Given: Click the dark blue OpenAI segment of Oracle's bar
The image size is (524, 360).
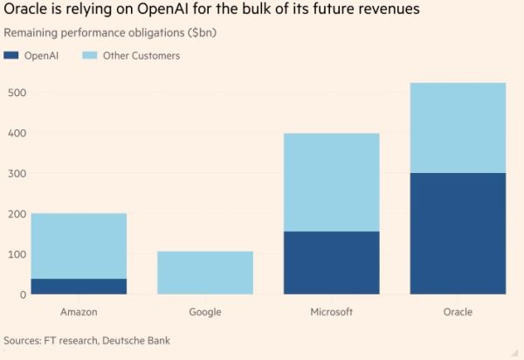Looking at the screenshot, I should [458, 233].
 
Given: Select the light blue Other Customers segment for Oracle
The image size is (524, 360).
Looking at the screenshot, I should [458, 128].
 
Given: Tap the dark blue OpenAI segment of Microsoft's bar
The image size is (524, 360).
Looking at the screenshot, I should [331, 263].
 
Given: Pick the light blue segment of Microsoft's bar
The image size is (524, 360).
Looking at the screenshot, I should [331, 182].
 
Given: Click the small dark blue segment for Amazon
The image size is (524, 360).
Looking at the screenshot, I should [79, 287].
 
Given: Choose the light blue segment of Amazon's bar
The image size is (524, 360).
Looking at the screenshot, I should [79, 246].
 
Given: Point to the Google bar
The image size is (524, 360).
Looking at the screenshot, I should [205, 273].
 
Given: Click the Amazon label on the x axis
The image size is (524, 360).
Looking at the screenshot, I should [79, 312].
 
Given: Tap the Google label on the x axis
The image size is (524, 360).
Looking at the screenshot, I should [205, 312].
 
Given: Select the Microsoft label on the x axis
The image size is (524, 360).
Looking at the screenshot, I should [331, 312].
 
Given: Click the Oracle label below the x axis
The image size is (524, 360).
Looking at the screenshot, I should [458, 312].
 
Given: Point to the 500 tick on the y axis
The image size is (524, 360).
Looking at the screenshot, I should [15, 93].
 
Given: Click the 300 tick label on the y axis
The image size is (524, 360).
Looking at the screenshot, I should [15, 174].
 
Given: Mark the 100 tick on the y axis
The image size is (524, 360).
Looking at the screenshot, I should [15, 254].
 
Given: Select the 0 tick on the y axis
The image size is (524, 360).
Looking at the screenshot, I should [23, 295].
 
